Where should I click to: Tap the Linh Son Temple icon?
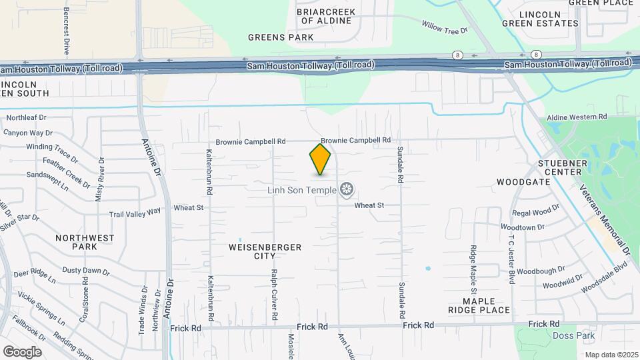point(346,190)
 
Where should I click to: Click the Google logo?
point(22,351)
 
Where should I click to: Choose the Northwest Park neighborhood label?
point(85,242)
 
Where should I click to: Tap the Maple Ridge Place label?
point(479,305)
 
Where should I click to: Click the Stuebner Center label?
point(560,168)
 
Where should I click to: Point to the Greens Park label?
point(280,37)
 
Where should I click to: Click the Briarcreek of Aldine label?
point(325,16)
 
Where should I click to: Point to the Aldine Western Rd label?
point(577,117)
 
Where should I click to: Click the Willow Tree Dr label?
point(443,27)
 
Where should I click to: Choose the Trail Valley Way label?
point(135,213)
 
